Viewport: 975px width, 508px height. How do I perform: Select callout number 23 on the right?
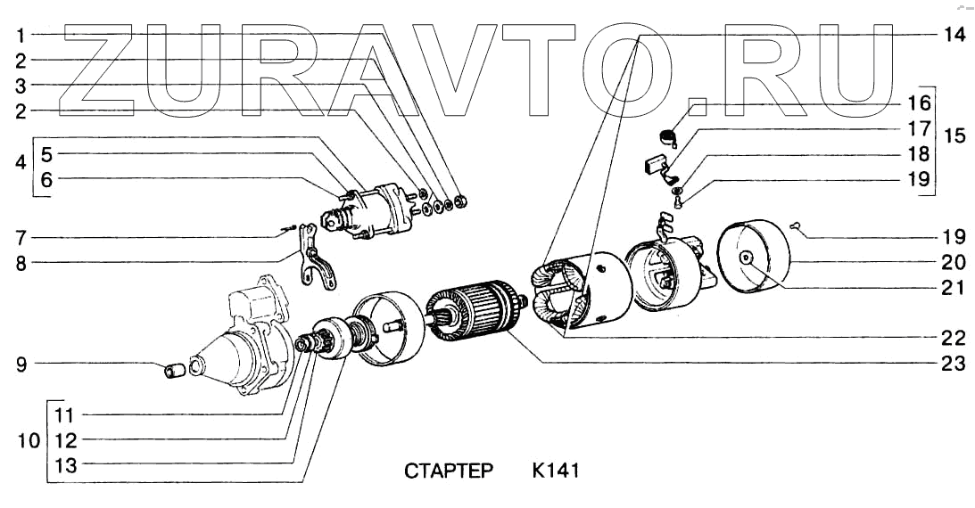pyautogui.click(x=953, y=363)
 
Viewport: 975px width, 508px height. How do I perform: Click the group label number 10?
pyautogui.click(x=27, y=440)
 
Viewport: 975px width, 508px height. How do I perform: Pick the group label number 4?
pyautogui.click(x=20, y=164)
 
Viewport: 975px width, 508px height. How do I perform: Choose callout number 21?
pyautogui.click(x=953, y=287)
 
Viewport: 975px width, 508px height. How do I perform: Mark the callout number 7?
pyautogui.click(x=20, y=238)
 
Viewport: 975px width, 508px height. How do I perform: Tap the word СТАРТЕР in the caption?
pyautogui.click(x=448, y=470)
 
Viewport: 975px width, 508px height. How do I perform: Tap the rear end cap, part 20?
pyautogui.click(x=756, y=258)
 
